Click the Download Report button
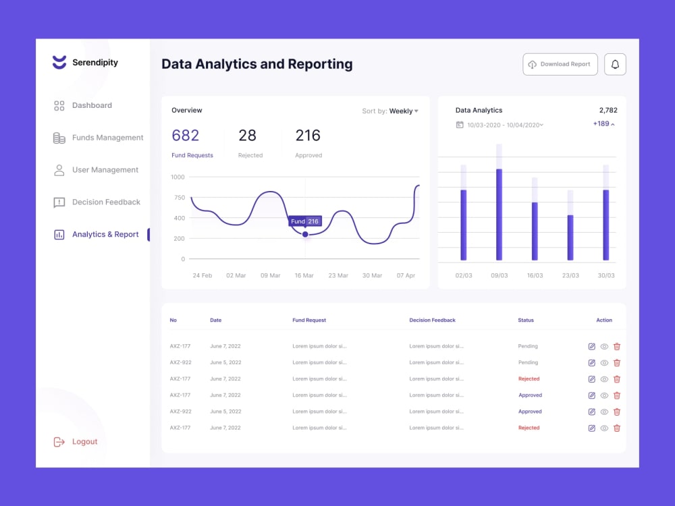pos(560,64)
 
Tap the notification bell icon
pos(615,64)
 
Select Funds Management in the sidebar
pos(107,138)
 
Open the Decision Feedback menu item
pos(106,202)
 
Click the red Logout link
pos(84,442)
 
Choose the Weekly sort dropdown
pos(403,111)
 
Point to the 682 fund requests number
pos(186,136)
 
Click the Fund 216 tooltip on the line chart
pos(304,221)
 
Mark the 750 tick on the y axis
pos(179,198)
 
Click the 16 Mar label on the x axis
pos(304,275)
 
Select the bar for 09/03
pos(500,214)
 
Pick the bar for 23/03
pos(570,237)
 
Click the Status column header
pos(526,320)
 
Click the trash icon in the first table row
pos(617,346)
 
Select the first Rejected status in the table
pos(529,379)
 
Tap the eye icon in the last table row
pos(604,428)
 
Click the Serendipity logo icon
pos(59,63)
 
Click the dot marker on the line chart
pos(305,234)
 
